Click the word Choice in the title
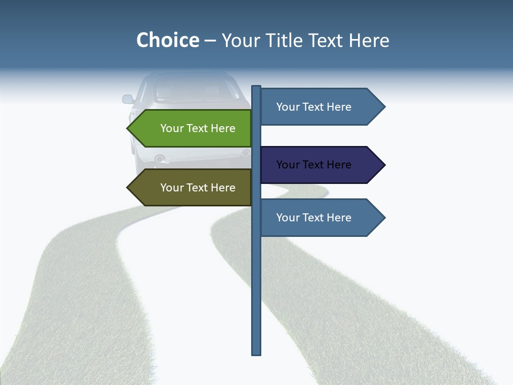[x=167, y=40]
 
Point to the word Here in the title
[x=369, y=41]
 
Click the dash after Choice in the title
[x=210, y=41]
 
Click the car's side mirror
[x=128, y=99]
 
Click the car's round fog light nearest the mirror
[x=159, y=158]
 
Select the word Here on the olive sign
[x=223, y=188]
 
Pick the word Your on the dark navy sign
[x=287, y=165]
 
